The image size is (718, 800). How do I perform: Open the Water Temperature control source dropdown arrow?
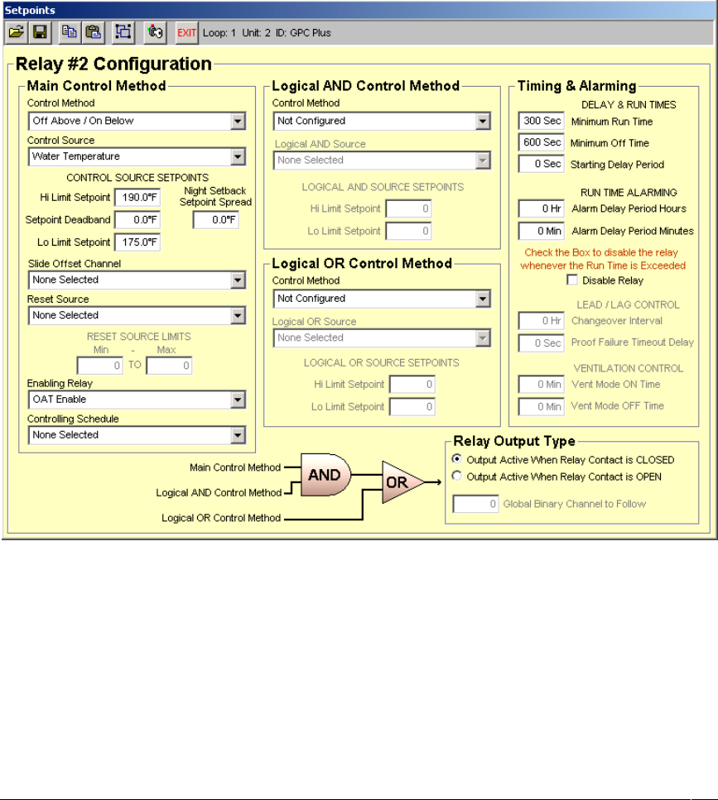(x=239, y=156)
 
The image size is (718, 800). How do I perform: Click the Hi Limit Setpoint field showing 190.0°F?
(x=137, y=197)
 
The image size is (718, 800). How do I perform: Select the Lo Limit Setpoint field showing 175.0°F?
(x=137, y=242)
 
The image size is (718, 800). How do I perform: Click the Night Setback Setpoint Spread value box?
(x=215, y=220)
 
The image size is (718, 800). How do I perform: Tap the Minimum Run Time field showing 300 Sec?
(x=541, y=122)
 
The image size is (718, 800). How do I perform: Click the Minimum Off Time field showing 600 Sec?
(x=541, y=143)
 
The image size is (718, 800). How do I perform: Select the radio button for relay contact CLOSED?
(x=457, y=459)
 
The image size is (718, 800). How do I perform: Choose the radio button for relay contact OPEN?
(x=457, y=476)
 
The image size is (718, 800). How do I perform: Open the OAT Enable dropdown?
(x=239, y=400)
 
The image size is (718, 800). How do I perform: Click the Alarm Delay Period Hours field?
(x=541, y=208)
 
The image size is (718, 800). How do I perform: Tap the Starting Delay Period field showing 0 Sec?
(x=541, y=165)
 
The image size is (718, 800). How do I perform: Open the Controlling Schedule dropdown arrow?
(x=239, y=435)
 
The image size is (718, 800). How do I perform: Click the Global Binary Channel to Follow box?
(x=475, y=503)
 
